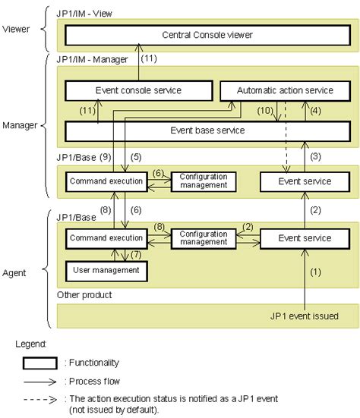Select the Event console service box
click(137, 91)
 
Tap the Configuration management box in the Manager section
click(204, 181)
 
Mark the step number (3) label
click(316, 156)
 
